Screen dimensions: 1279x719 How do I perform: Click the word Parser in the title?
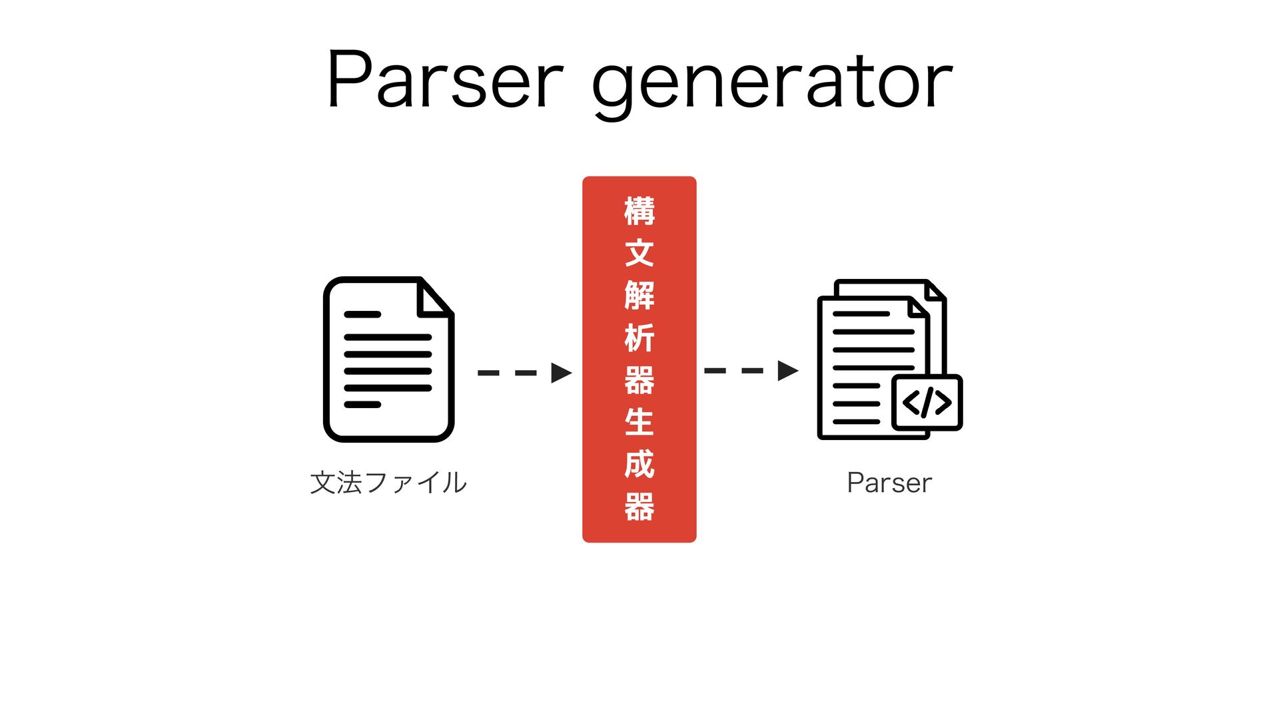coord(445,80)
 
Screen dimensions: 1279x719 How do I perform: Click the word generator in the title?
coord(773,83)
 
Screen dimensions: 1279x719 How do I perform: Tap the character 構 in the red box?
coord(639,211)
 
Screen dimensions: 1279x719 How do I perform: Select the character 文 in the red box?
coord(639,253)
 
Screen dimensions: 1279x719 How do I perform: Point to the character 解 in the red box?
coord(639,296)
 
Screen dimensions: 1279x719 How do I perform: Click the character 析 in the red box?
coord(639,338)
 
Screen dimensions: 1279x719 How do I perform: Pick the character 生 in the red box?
coord(639,422)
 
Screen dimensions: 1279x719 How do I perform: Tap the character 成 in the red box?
coord(639,464)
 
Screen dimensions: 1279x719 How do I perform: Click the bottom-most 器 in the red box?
coord(639,507)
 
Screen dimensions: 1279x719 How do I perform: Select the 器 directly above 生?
coord(639,380)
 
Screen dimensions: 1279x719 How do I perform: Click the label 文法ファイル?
coord(388,483)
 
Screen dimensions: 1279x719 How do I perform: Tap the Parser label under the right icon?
coord(889,483)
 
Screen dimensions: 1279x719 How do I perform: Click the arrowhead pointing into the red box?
coord(561,373)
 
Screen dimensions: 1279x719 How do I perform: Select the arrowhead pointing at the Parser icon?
coord(787,371)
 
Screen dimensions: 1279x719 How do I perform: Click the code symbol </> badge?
coord(927,403)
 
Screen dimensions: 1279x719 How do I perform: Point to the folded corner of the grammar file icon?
coord(433,298)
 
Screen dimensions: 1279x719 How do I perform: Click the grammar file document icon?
coord(388,359)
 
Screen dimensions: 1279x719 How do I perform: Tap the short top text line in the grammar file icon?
coord(362,314)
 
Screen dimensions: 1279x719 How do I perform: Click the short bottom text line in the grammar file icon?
coord(362,405)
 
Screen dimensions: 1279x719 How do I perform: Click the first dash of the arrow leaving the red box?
coord(715,371)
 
